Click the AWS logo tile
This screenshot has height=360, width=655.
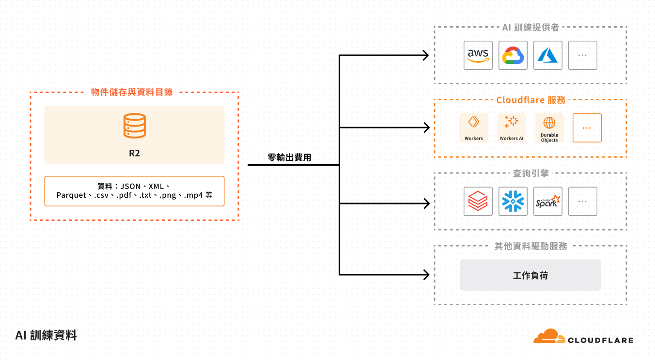(x=478, y=55)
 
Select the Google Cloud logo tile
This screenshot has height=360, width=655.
(x=513, y=55)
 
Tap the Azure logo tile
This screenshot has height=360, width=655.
(x=548, y=55)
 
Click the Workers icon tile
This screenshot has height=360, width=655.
(x=474, y=128)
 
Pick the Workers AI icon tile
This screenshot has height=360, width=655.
(x=512, y=128)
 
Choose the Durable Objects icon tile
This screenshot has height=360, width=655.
(x=549, y=128)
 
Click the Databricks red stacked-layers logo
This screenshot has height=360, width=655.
(x=478, y=201)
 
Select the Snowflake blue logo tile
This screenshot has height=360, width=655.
(x=513, y=201)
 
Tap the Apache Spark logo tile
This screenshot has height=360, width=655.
(x=548, y=201)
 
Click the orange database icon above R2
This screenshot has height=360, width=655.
(x=134, y=125)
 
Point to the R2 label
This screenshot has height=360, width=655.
(x=134, y=154)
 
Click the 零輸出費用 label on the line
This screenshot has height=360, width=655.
(x=290, y=157)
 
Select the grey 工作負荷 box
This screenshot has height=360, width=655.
(x=530, y=275)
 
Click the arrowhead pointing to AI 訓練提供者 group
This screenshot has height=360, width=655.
(x=426, y=55)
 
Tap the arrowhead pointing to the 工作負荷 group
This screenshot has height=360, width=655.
(x=426, y=275)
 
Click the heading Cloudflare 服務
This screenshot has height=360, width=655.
(x=530, y=100)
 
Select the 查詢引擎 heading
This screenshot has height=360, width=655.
(x=530, y=173)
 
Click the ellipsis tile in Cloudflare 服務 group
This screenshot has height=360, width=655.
(x=587, y=128)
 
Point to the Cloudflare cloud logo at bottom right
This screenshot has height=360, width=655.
(x=549, y=336)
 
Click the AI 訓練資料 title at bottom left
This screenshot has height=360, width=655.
(x=46, y=335)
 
